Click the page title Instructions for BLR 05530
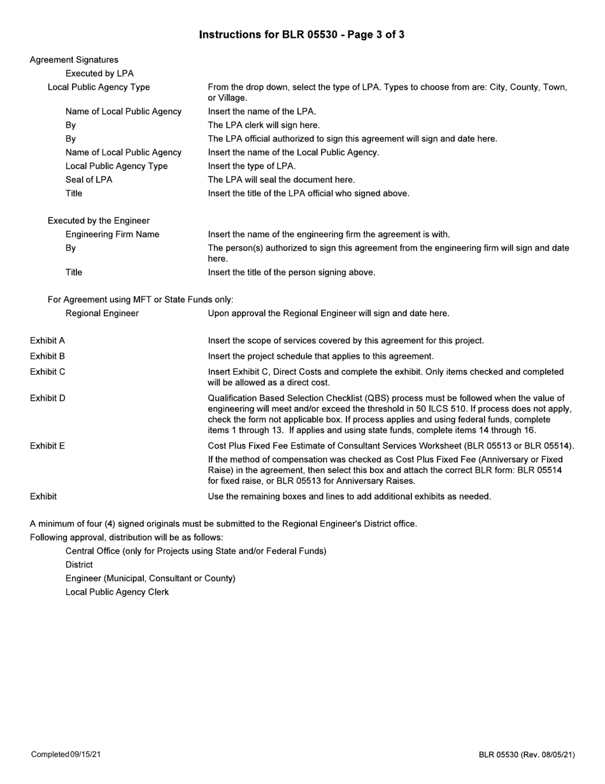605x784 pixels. [301, 34]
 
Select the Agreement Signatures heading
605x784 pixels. [74, 60]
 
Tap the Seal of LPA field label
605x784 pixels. [89, 180]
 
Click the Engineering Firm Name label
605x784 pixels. [112, 235]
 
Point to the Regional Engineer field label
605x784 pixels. [102, 314]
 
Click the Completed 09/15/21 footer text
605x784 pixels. [66, 755]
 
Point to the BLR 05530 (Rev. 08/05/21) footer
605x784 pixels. [527, 755]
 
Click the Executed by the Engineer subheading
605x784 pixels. [99, 221]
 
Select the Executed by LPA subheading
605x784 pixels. [99, 73]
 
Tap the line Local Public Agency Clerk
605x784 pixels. [117, 592]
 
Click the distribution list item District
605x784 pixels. [79, 565]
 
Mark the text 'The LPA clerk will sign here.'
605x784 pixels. [264, 125]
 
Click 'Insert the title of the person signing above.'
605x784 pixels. [292, 273]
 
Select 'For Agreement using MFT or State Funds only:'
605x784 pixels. [141, 300]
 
